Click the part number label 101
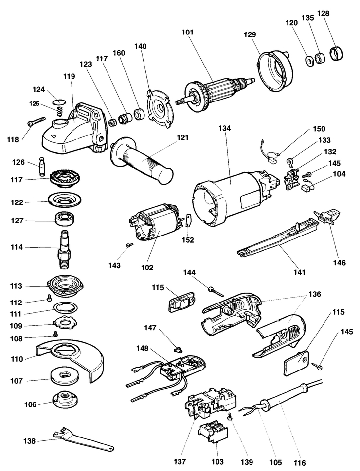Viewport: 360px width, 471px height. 188,33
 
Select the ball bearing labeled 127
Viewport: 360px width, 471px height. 65,218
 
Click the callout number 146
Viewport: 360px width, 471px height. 339,263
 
